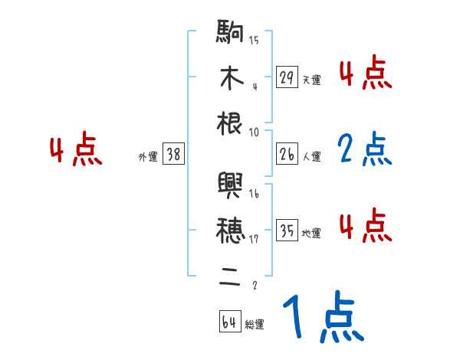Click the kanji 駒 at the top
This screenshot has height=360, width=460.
point(231,34)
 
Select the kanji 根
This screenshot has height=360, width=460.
point(231,124)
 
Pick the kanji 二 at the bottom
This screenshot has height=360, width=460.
point(231,273)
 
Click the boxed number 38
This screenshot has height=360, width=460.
point(173,155)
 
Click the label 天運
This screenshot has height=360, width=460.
point(311,80)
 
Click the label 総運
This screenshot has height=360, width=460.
point(254,324)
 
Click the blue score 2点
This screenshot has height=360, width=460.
point(363,149)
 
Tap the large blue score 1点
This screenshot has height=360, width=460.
point(322,317)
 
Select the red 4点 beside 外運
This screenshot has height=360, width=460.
point(76,151)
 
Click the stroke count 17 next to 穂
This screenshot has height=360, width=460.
point(255,240)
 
